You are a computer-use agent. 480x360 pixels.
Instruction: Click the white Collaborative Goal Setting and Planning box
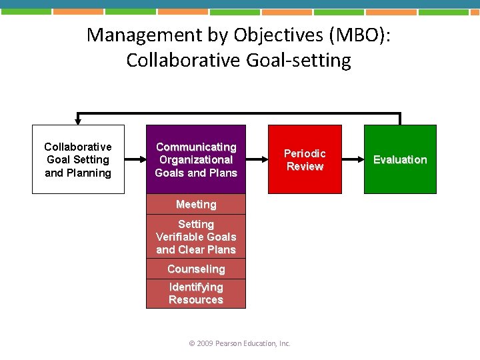coord(78,159)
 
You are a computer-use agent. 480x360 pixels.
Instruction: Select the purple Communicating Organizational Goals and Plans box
coord(196,159)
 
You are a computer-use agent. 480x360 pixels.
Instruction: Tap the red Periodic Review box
coord(305,159)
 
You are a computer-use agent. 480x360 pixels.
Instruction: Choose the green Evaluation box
coord(400,159)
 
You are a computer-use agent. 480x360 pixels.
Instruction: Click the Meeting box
coord(196,205)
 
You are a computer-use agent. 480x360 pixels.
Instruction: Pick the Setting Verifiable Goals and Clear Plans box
coord(196,237)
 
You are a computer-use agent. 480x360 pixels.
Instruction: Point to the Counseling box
coord(196,269)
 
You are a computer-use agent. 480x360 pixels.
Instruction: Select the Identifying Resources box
coord(196,293)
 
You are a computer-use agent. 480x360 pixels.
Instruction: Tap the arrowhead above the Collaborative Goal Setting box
coord(78,121)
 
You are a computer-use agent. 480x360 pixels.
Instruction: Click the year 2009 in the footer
coord(205,343)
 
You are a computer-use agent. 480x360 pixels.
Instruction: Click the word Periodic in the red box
coord(305,153)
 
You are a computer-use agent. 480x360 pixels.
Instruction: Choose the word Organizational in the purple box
coord(196,160)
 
